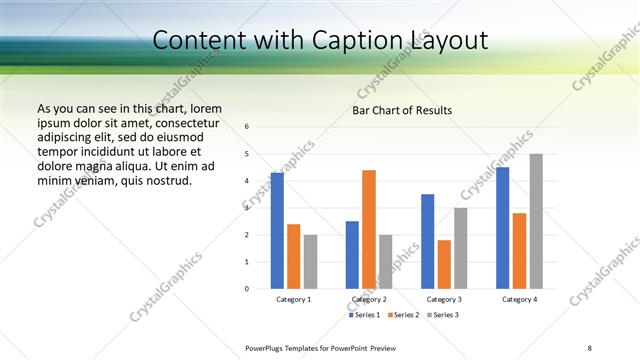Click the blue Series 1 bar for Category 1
(x=277, y=230)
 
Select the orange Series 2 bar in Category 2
(x=369, y=229)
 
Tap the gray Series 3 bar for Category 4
(x=536, y=221)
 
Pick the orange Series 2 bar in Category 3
(x=444, y=264)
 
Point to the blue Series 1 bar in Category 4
(x=502, y=228)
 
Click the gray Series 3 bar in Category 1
(x=310, y=262)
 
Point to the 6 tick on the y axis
(x=247, y=126)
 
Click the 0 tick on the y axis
(x=247, y=289)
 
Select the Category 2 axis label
(x=369, y=299)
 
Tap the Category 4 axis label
(x=519, y=299)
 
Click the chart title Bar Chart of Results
(x=402, y=110)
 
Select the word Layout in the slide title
(x=446, y=40)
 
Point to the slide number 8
(x=589, y=347)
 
